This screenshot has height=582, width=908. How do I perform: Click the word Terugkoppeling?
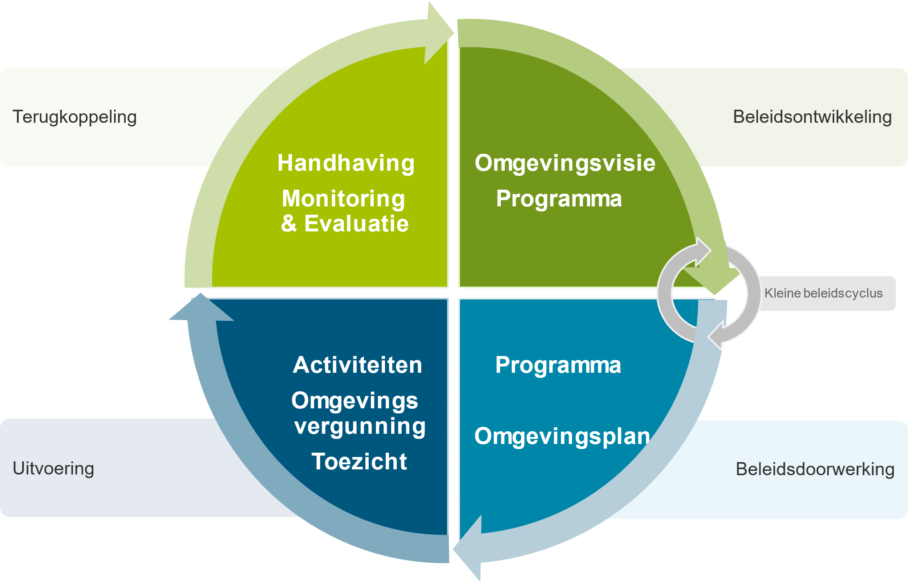tap(74, 117)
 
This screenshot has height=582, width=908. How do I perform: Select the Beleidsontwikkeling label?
tap(812, 117)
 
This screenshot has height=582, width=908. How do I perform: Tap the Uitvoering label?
tap(53, 469)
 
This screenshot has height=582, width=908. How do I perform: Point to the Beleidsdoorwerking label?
tap(815, 469)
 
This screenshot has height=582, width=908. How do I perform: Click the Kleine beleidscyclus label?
tap(823, 293)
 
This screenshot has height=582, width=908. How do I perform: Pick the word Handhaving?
tap(346, 163)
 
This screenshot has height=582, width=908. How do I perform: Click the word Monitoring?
tap(343, 199)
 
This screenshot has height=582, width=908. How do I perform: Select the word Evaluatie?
tap(356, 223)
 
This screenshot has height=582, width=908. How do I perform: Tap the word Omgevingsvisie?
tap(565, 163)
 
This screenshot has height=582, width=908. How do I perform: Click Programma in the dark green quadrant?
tap(559, 199)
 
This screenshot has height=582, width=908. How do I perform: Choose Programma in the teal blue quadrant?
tap(558, 365)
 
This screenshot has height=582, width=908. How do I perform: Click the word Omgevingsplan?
tap(562, 436)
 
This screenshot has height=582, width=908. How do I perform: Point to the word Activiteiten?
tap(357, 365)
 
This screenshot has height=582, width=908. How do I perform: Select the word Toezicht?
tap(359, 461)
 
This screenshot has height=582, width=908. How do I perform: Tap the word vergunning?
tap(360, 426)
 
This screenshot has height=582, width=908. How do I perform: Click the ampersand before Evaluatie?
tap(289, 223)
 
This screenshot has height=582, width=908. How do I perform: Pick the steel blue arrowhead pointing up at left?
tap(201, 308)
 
